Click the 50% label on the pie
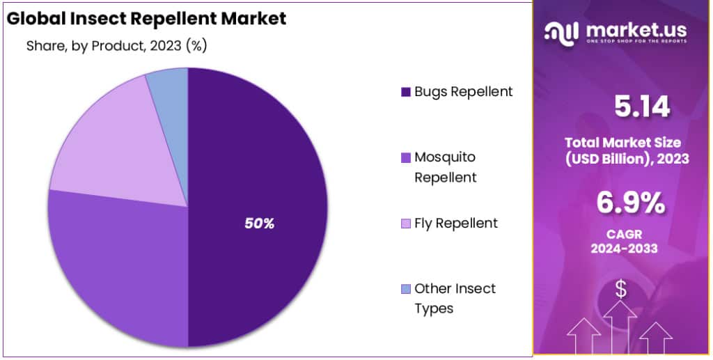click(259, 224)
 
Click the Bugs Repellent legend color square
click(406, 93)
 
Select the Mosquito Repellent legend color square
click(406, 158)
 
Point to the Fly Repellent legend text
click(456, 224)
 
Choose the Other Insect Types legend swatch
click(406, 289)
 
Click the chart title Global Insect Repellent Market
click(146, 19)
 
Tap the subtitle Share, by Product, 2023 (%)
click(116, 46)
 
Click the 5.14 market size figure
click(642, 107)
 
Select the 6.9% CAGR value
click(630, 203)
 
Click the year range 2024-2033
click(624, 249)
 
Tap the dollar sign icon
click(620, 290)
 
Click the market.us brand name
click(636, 31)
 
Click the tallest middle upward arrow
click(620, 327)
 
